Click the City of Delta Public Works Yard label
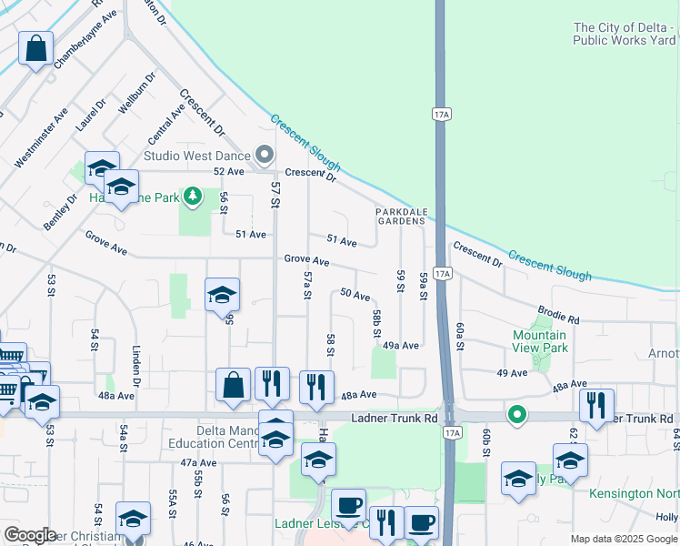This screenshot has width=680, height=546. tap(625, 34)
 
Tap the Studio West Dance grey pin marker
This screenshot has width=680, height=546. tap(265, 156)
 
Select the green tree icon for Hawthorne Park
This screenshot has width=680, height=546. tap(192, 196)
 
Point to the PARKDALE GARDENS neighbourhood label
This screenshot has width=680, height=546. tap(402, 216)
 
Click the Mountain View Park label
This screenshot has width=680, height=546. tap(540, 341)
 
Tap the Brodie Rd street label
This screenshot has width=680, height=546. tap(558, 315)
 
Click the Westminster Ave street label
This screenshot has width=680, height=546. tap(41, 137)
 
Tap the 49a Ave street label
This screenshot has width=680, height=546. tap(400, 346)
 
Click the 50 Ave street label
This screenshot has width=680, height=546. tap(355, 295)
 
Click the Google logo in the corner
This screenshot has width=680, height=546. tap(30, 535)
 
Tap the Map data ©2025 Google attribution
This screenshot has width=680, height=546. tap(623, 539)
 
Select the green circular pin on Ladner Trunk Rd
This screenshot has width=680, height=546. tap(517, 417)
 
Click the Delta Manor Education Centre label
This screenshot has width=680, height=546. tap(215, 437)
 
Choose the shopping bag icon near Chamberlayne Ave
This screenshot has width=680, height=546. tap(35, 51)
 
